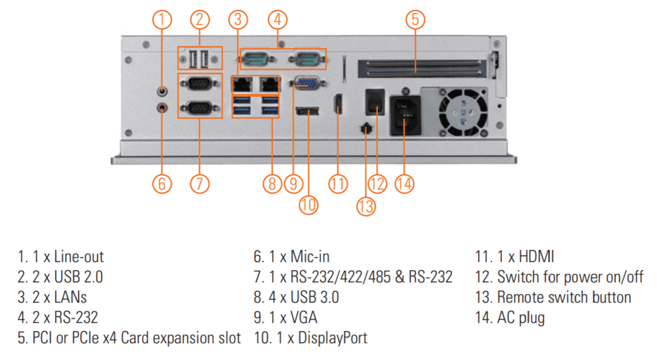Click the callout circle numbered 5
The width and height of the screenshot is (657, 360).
[415, 19]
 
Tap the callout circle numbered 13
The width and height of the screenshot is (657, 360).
[365, 206]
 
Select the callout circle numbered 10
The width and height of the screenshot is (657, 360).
[309, 205]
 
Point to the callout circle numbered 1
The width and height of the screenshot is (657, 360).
[162, 19]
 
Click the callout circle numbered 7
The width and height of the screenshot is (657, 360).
[199, 184]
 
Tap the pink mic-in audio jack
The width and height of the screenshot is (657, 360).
[162, 107]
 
